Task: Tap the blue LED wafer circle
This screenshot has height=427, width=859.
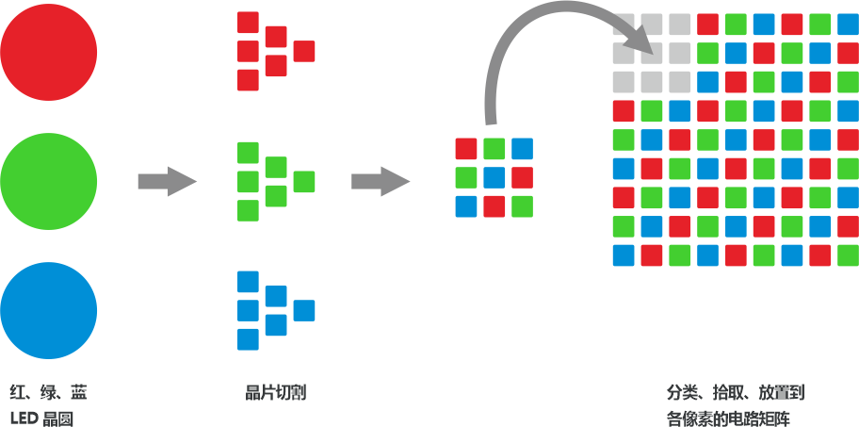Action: tap(49, 311)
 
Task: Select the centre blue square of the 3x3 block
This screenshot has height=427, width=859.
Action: tap(494, 177)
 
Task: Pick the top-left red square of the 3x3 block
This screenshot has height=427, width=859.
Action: tap(466, 149)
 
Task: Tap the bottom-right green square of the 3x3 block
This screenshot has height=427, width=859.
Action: tap(523, 206)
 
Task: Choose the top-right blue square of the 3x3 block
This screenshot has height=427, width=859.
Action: tap(523, 149)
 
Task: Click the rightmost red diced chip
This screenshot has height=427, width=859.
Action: tap(304, 51)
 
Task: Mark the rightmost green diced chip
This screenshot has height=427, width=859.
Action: tap(304, 181)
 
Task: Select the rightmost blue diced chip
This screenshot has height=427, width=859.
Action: tap(304, 310)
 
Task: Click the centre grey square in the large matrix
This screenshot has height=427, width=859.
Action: tap(652, 53)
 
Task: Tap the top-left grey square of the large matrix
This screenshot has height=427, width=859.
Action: tap(624, 24)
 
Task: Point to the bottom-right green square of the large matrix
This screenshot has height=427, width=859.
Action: tap(848, 255)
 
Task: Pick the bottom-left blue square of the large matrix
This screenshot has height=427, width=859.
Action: tap(624, 255)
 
